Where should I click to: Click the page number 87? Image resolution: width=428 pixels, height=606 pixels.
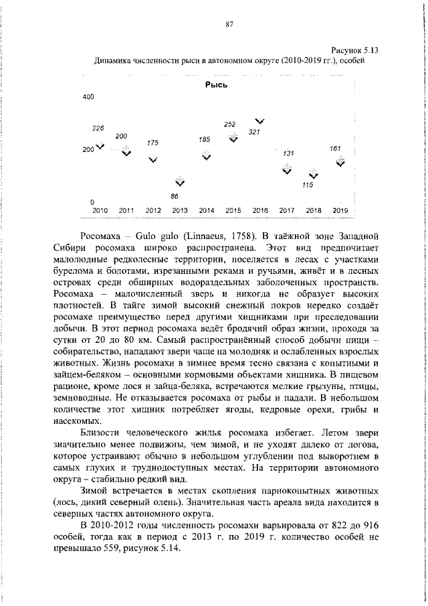pos(229,24)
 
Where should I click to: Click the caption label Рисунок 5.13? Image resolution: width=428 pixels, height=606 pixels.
pos(355,50)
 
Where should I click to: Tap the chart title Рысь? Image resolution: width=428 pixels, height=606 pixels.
pos(217,85)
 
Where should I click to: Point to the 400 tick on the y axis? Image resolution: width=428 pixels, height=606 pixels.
pos(88,97)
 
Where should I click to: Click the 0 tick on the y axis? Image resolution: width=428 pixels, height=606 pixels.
pos(83,202)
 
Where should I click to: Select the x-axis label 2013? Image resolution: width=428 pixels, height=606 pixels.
pos(179,210)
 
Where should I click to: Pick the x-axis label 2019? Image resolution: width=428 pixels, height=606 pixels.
pos(340,210)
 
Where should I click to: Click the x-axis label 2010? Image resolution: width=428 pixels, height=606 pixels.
pos(100,210)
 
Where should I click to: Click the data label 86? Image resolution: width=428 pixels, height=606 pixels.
pos(175,196)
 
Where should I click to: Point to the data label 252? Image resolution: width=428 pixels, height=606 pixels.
pos(230,124)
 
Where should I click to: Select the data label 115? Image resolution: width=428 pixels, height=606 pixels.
pos(308,185)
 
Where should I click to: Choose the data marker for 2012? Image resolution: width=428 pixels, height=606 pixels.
pos(153,159)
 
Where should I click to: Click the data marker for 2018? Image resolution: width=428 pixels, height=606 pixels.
pos(314,175)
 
